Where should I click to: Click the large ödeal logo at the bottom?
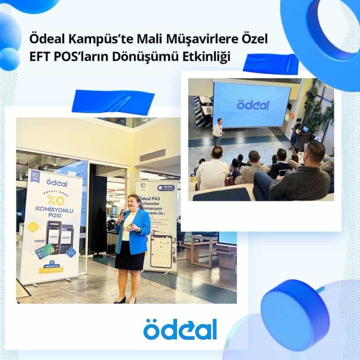(x=180, y=329)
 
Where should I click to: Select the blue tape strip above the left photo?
(x=113, y=102)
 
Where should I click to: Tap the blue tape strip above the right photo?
(x=270, y=64)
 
